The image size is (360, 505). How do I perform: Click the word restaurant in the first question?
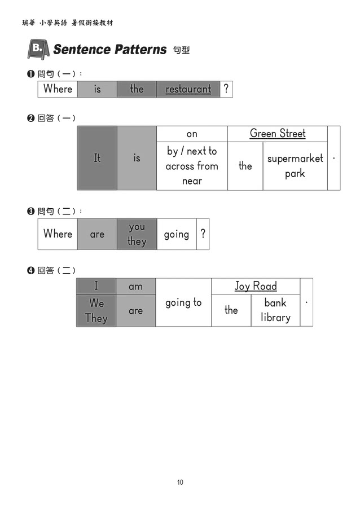coord(188,89)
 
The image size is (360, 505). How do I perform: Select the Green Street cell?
coord(277,134)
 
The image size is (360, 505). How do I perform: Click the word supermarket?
coord(295,159)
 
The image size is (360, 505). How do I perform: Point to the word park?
coord(295,174)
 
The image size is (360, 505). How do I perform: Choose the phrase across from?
coord(192,166)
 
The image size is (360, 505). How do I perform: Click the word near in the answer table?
coord(192,181)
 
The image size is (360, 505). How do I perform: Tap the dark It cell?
coord(97,158)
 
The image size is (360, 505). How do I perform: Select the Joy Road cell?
coord(256,286)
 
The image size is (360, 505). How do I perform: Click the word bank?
coord(275,302)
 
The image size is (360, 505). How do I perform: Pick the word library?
coord(275,317)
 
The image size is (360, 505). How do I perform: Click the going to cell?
coord(183,302)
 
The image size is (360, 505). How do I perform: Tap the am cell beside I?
coord(135,286)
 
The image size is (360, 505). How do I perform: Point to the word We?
coord(96,303)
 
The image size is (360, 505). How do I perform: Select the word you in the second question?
coord(137,227)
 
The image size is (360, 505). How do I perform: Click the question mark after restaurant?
coord(226,89)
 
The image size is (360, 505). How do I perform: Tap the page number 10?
coord(180,482)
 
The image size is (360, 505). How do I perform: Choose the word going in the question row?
coord(176,234)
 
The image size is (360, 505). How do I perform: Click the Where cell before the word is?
coord(58,89)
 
